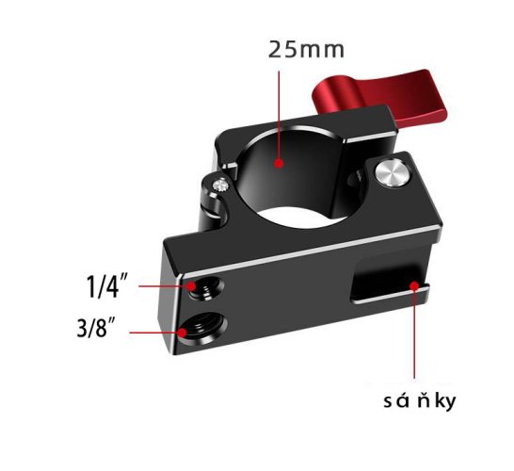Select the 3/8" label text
click(97, 330)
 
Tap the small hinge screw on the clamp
click(220, 185)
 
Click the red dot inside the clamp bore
click(279, 163)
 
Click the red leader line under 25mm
click(279, 113)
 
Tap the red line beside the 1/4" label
click(167, 282)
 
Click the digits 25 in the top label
click(281, 49)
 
